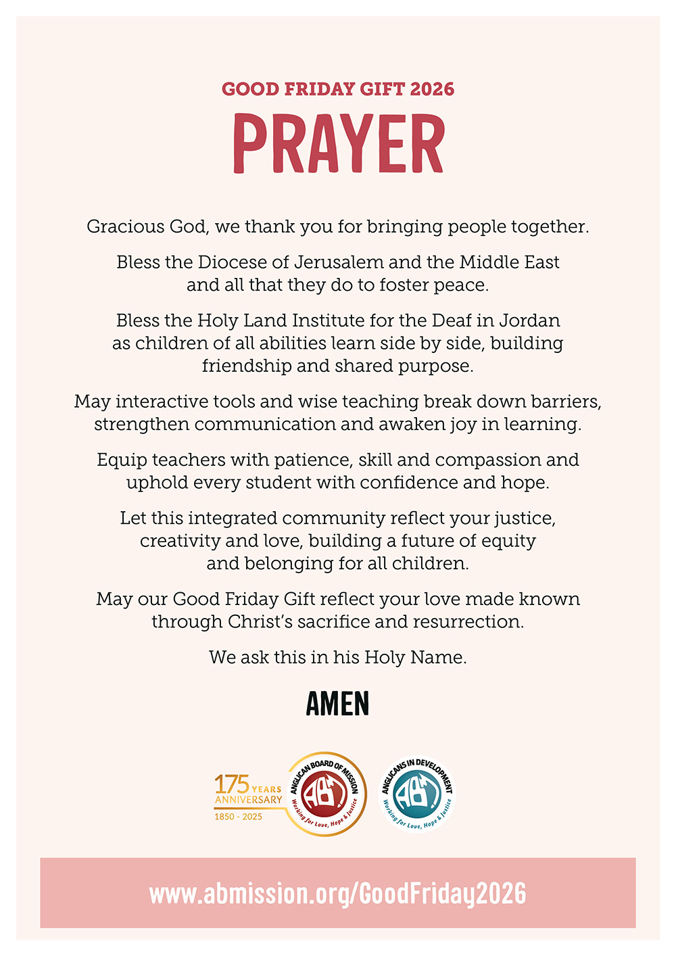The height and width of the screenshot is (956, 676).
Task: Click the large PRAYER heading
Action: (x=338, y=143)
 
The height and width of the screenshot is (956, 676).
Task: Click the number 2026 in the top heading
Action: (x=432, y=89)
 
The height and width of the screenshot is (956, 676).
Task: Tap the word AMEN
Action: (x=337, y=704)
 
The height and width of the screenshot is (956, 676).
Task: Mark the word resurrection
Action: (x=468, y=622)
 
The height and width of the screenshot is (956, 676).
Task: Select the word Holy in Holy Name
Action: (x=384, y=657)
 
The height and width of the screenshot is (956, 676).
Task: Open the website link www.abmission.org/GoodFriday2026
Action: (x=337, y=893)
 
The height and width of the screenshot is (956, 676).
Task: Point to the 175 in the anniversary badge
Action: (x=232, y=785)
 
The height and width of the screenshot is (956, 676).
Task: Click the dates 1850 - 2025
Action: (x=238, y=817)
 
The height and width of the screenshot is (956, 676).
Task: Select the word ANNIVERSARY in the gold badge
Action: (x=248, y=800)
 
